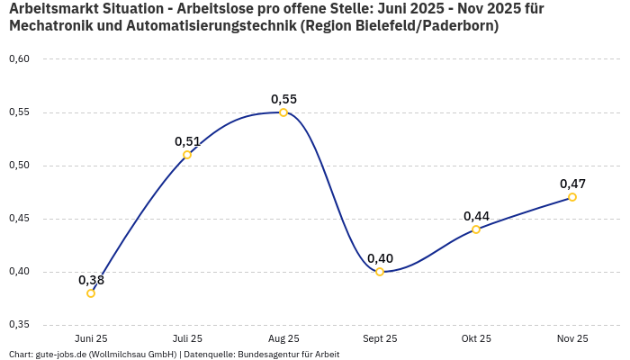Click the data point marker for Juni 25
[91, 293]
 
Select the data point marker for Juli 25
[187, 155]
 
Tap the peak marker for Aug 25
[283, 112]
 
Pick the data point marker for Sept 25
[380, 272]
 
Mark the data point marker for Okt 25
[476, 229]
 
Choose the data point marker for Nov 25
[572, 197]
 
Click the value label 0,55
[283, 99]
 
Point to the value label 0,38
[91, 280]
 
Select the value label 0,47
[572, 184]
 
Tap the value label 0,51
[187, 141]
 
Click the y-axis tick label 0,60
[19, 59]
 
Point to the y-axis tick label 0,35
[19, 325]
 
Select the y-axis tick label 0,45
[19, 219]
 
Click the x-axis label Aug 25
[283, 338]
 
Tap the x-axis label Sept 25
[380, 338]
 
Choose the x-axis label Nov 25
[572, 338]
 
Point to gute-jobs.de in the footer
[59, 354]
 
